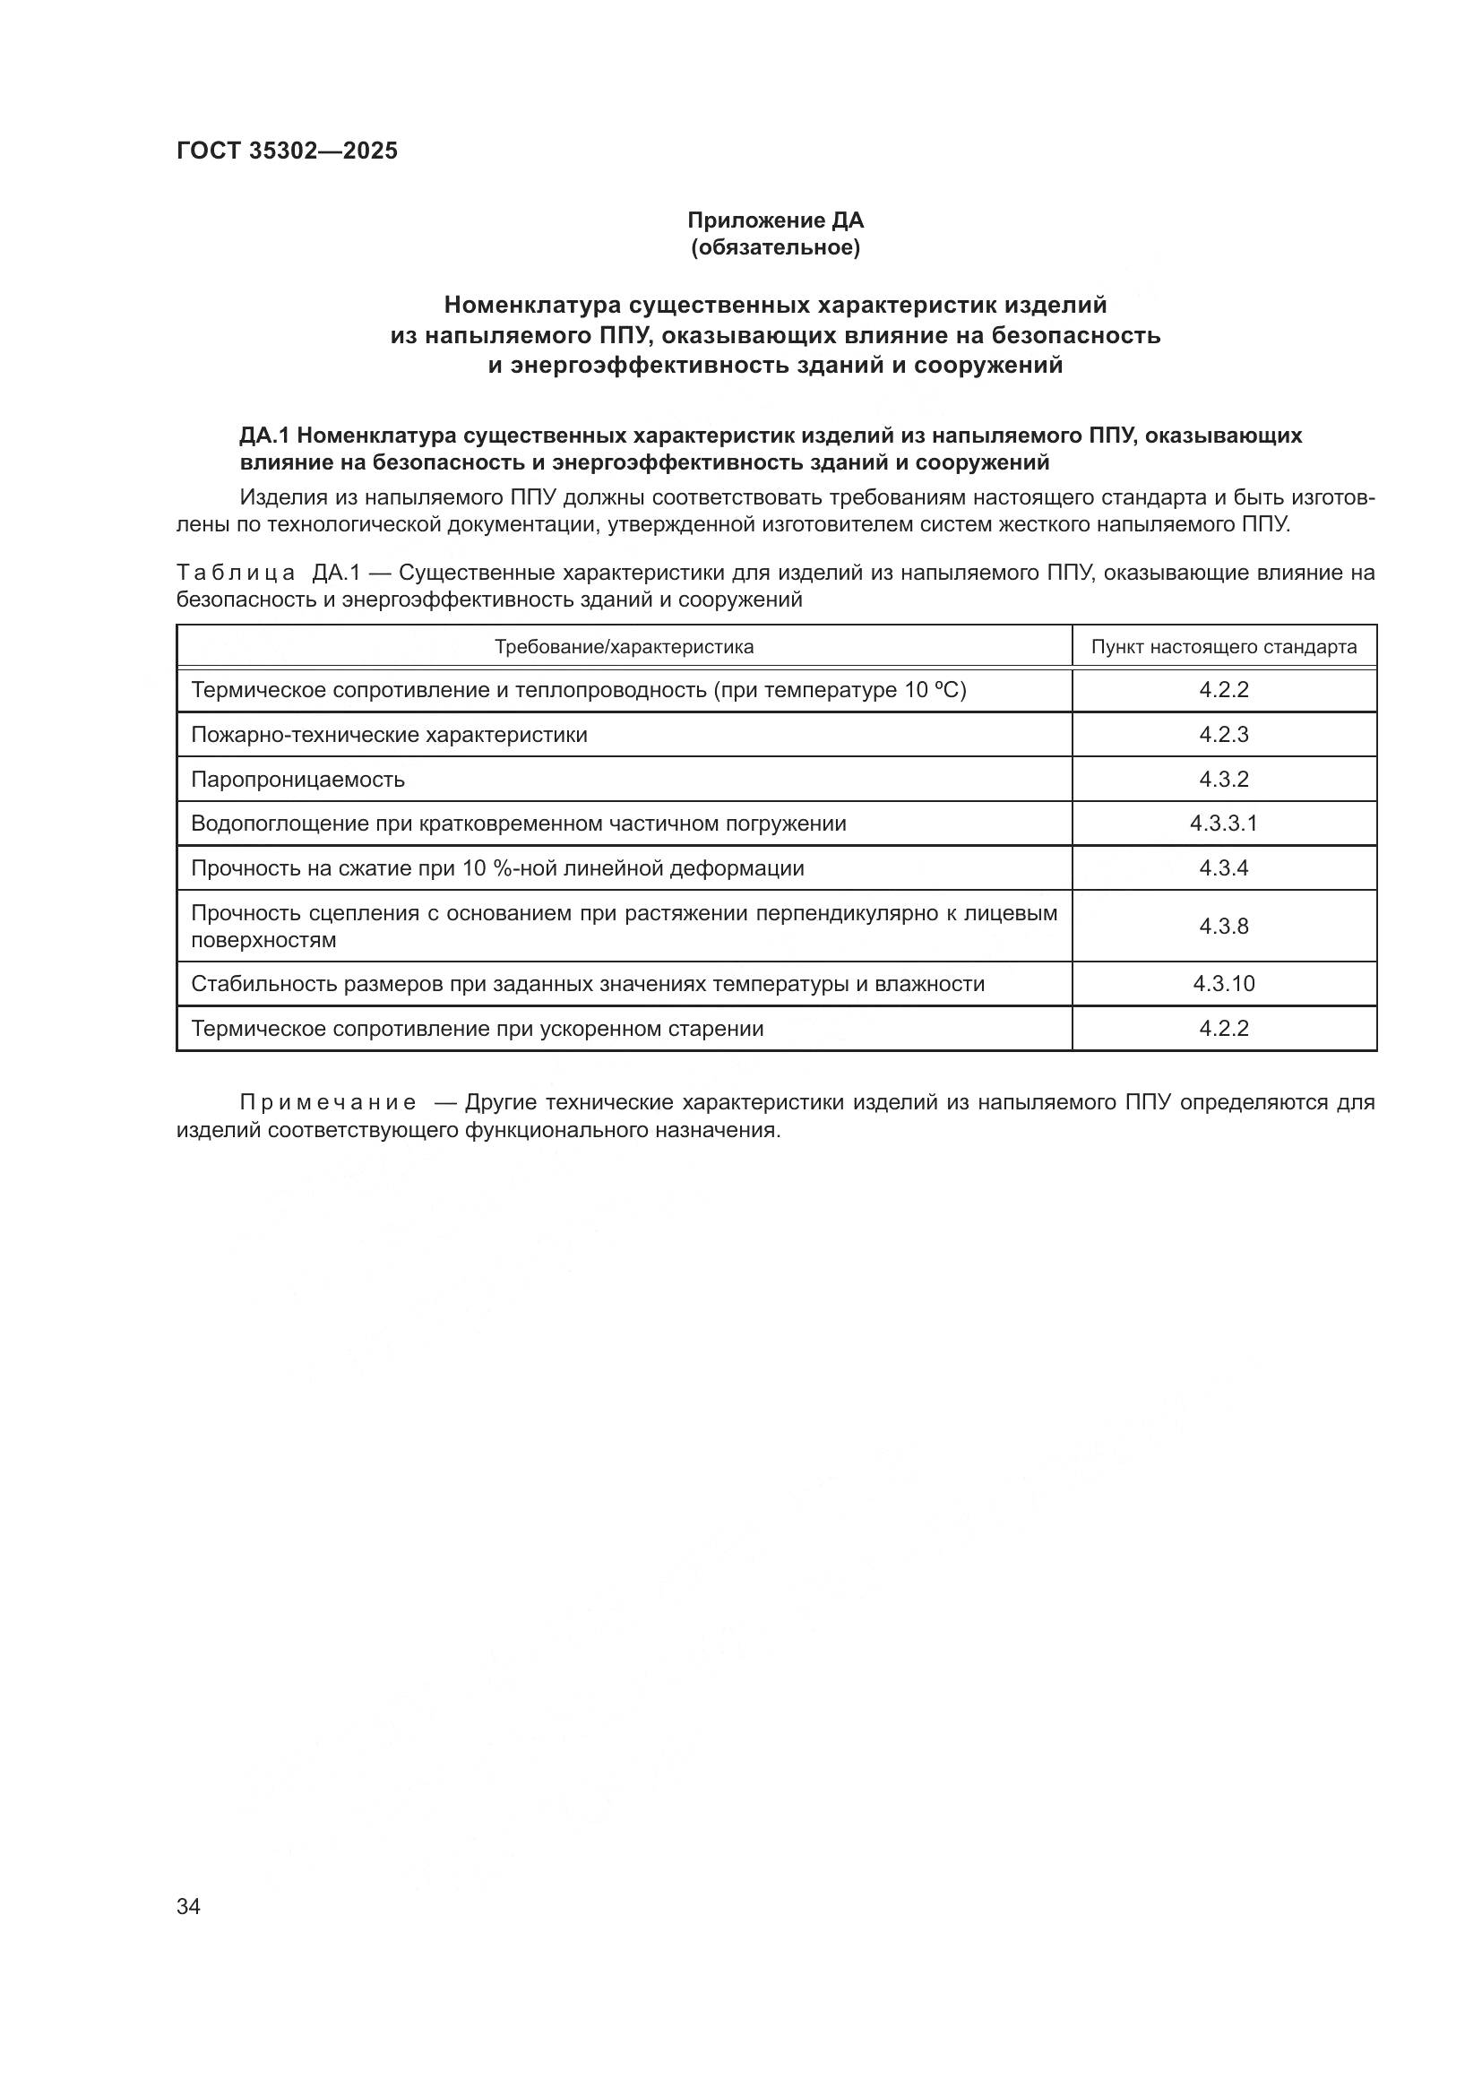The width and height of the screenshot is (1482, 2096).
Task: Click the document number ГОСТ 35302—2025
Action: click(x=287, y=151)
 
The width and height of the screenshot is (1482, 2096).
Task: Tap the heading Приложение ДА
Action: click(x=775, y=220)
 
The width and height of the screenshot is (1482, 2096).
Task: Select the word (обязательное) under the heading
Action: click(x=775, y=247)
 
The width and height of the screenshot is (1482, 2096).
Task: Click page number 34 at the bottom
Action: click(x=188, y=1906)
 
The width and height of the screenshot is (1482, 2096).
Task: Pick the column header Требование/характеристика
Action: click(x=624, y=647)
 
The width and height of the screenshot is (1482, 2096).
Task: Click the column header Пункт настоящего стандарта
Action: click(x=1223, y=647)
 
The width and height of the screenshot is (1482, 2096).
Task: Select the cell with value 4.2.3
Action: click(x=1223, y=735)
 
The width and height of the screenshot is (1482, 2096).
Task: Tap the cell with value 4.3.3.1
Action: click(x=1223, y=824)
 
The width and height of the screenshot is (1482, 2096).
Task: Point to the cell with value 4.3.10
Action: click(x=1223, y=984)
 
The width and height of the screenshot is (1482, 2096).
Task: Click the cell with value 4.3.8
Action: click(x=1223, y=927)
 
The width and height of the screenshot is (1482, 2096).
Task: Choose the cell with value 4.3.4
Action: click(x=1223, y=868)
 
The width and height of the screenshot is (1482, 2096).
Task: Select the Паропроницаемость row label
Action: click(x=297, y=780)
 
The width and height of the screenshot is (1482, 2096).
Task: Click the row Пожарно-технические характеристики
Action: click(x=389, y=735)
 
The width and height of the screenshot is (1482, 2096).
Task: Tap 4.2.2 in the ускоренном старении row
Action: click(x=1223, y=1029)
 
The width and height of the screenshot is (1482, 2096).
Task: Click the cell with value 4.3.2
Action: click(x=1223, y=780)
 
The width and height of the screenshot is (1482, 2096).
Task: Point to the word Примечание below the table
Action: click(x=328, y=1103)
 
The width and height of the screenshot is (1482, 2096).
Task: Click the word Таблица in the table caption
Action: click(x=236, y=574)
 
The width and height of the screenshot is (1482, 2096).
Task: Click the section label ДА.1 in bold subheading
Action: click(x=263, y=436)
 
